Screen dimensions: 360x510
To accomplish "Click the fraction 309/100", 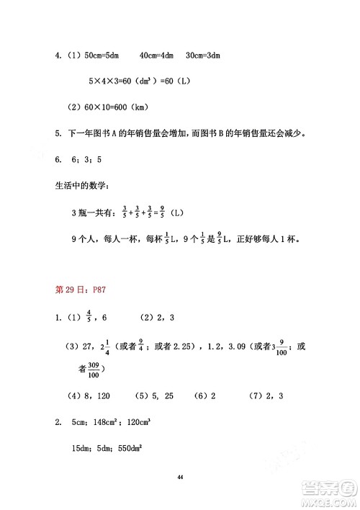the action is coord(92,370).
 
